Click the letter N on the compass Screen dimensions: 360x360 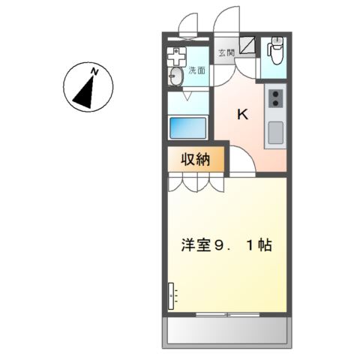(x=94, y=71)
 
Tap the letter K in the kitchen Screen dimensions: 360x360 (x=242, y=115)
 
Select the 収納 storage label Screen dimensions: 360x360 (x=194, y=159)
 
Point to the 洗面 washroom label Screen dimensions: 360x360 (x=196, y=70)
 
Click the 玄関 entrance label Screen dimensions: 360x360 (x=226, y=52)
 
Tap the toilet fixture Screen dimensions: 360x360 (x=274, y=51)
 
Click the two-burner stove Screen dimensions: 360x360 (x=275, y=97)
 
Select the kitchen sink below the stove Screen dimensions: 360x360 (x=275, y=133)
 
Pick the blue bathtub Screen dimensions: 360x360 (x=187, y=127)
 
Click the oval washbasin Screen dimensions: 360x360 (x=176, y=76)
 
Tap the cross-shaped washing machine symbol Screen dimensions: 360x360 (x=177, y=55)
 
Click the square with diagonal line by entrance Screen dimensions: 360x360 (x=250, y=46)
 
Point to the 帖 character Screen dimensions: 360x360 (x=265, y=244)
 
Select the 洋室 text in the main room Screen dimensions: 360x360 (x=193, y=244)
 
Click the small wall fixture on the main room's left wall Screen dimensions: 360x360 (x=171, y=297)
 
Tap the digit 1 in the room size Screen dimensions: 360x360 (x=249, y=244)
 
